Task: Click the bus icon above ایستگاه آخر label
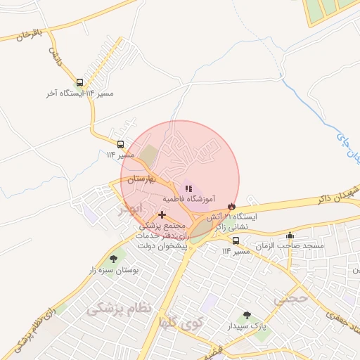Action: click(79, 82)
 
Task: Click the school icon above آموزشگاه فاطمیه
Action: click(188, 188)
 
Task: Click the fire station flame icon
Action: click(231, 205)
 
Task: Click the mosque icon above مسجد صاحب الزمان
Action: click(290, 236)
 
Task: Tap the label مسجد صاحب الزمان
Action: click(290, 247)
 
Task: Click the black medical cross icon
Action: click(162, 214)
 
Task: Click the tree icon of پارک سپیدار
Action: click(246, 316)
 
